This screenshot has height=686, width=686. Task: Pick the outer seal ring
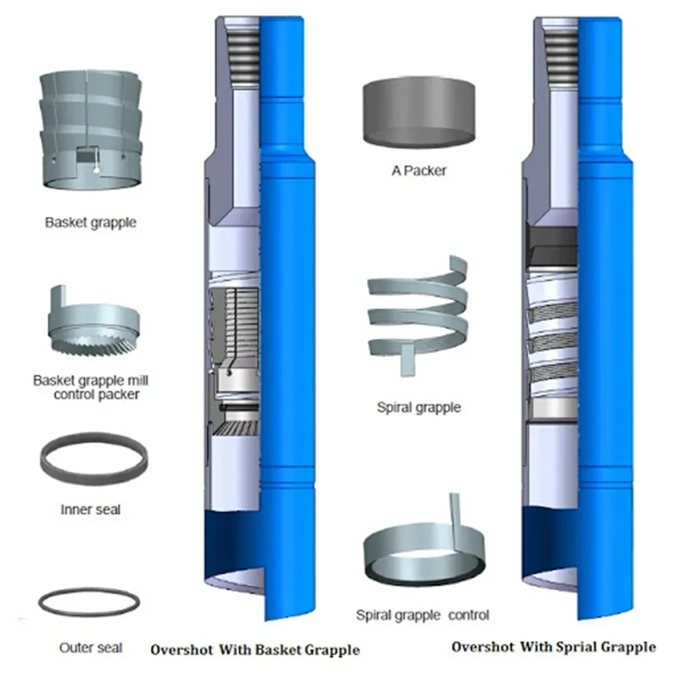tap(89, 603)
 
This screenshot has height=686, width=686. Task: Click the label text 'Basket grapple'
tap(91, 222)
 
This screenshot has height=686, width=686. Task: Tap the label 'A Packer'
tap(418, 170)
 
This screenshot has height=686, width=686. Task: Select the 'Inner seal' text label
tap(91, 510)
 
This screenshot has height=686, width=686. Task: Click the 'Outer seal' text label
tap(91, 648)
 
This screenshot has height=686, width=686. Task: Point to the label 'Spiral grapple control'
tap(423, 615)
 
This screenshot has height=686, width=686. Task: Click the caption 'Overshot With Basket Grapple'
tap(255, 650)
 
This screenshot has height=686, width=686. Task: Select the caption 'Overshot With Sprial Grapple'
tap(554, 647)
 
